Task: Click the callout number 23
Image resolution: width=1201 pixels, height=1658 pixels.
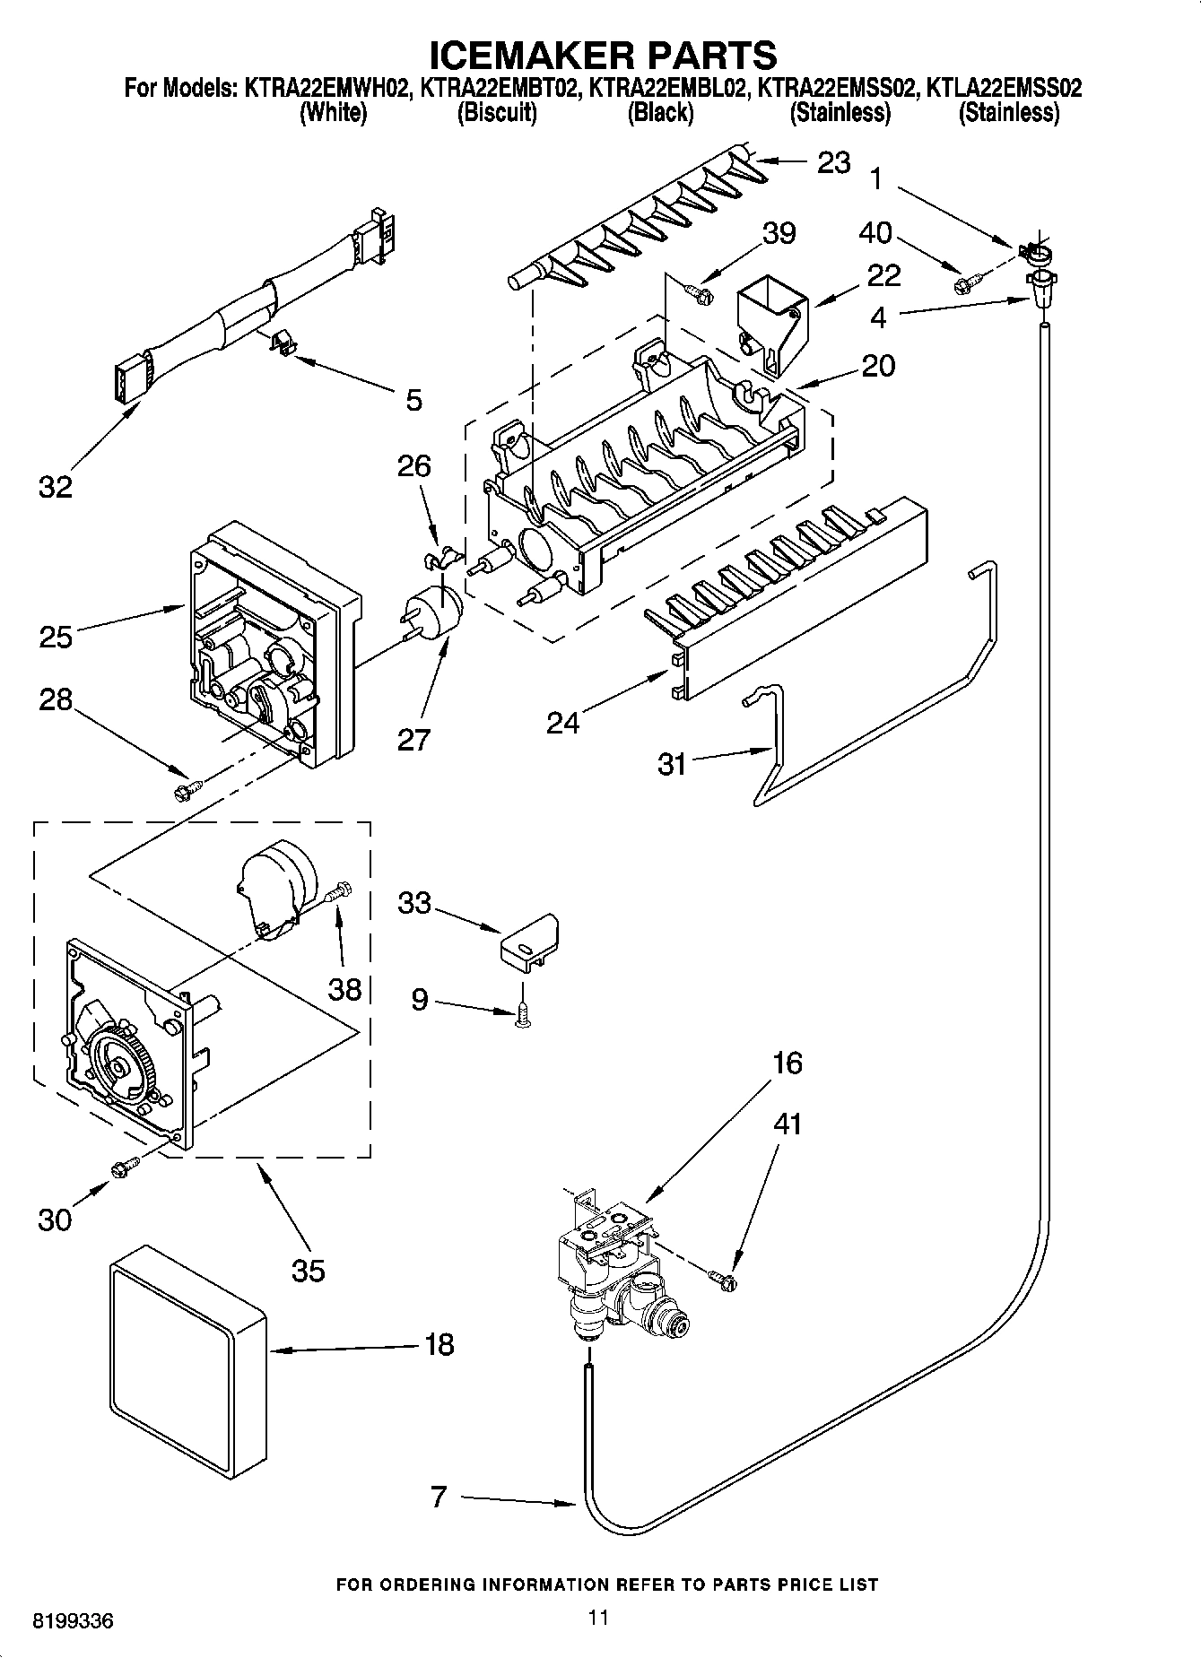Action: [833, 162]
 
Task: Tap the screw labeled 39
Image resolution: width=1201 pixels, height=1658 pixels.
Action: [697, 291]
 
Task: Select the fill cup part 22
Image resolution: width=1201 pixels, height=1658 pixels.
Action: [771, 323]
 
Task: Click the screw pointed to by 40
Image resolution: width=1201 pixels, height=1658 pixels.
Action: [966, 283]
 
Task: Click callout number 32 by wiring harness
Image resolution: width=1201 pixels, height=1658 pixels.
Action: [55, 487]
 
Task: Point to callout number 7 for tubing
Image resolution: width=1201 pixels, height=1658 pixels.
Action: [438, 1496]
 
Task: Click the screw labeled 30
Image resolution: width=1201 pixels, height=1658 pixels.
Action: [123, 1168]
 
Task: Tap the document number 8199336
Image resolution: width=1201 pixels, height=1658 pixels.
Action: [73, 1621]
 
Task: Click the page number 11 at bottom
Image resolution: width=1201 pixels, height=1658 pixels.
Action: [598, 1618]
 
